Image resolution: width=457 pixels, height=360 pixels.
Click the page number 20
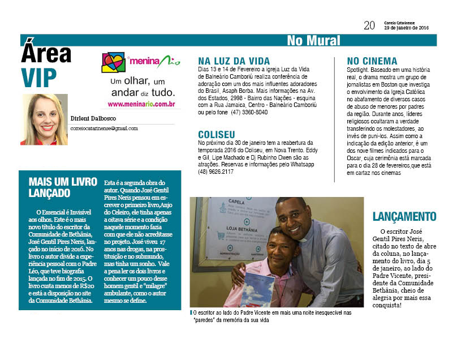coord(369,25)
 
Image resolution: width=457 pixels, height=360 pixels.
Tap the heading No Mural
coord(313,40)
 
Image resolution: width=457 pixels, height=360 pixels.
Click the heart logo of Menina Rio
coord(113,62)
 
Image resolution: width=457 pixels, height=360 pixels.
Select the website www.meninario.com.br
coord(141,104)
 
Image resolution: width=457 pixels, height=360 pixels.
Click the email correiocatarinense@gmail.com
coord(104,128)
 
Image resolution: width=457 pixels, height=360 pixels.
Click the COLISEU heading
coord(217,134)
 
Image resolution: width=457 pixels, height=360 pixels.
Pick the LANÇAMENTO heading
coord(404,216)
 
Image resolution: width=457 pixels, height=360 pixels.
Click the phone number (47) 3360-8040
coord(248,112)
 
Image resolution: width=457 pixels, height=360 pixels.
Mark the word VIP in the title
coord(40,75)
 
